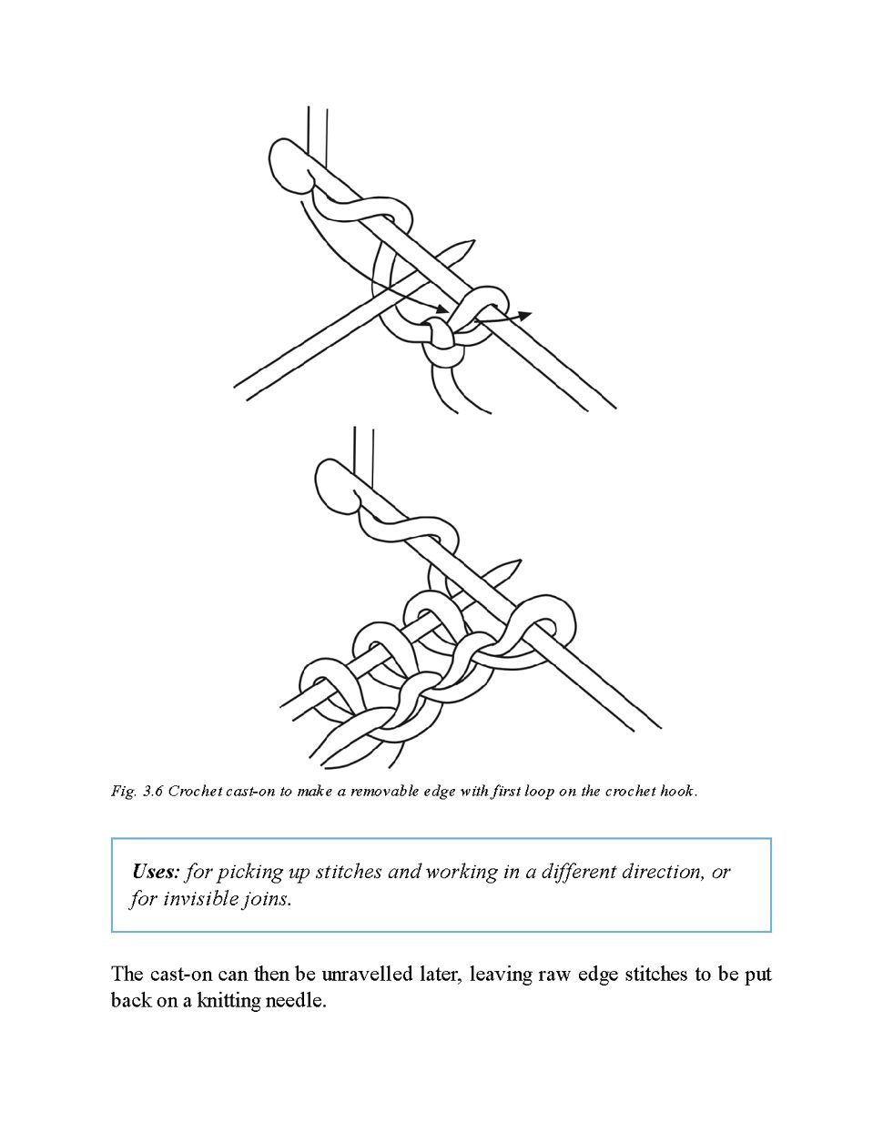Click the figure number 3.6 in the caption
point(152,791)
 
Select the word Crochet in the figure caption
point(190,791)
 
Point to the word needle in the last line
point(294,1002)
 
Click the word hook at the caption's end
point(678,791)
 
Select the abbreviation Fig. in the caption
point(124,791)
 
